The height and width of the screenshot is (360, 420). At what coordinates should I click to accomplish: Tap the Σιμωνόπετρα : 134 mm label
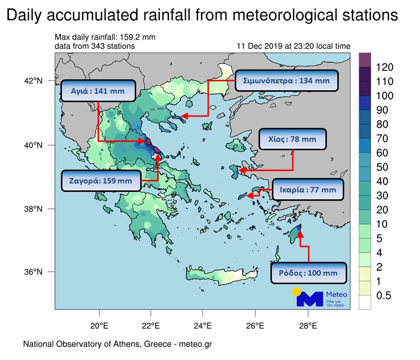tap(287, 80)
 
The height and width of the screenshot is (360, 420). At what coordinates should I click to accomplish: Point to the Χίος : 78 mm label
tap(294, 140)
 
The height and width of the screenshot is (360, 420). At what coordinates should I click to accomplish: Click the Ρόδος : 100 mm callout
tap(308, 273)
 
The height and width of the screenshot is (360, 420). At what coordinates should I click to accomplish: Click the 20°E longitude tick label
tap(99, 326)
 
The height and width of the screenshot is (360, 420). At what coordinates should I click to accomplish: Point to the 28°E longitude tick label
tap(308, 326)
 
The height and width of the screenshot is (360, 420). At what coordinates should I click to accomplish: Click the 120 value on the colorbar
tap(384, 67)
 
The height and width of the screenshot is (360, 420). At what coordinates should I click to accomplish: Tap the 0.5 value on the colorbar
tap(384, 296)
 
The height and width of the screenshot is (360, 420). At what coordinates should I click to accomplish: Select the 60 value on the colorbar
tap(382, 153)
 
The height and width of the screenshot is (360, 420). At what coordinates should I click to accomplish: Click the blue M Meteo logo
tap(309, 299)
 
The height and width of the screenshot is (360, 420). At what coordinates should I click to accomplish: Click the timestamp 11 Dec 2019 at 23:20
tap(293, 46)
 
